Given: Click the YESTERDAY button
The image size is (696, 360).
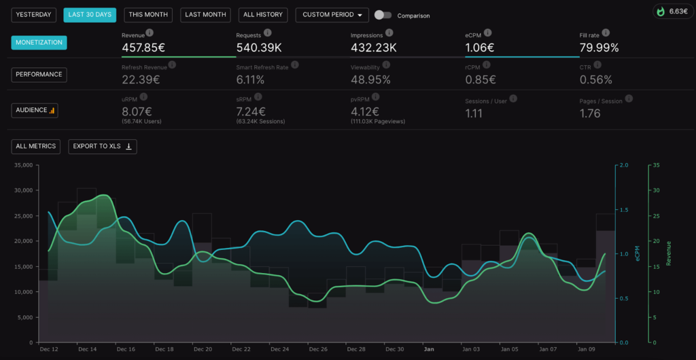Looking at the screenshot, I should (33, 15).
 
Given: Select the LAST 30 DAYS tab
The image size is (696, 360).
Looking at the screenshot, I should (90, 15).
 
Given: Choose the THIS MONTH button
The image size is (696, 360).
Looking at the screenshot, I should (148, 15).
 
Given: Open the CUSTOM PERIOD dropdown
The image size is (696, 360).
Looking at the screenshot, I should (332, 15).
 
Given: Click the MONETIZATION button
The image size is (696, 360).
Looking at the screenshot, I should (39, 43).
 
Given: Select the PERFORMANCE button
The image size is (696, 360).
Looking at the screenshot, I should (39, 75).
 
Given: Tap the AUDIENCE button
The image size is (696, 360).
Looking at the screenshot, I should (35, 110).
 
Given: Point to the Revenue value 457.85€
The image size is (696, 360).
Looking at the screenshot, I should (143, 48).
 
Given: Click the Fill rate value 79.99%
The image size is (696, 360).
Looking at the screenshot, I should (599, 48).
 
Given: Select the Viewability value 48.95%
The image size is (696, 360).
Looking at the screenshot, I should (370, 80).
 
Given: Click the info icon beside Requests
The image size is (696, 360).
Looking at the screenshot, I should (268, 33).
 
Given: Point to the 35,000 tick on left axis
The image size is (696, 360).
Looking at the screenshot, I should (23, 165).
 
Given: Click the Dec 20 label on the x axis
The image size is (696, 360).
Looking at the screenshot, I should (203, 349).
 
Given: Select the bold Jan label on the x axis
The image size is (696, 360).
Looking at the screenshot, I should (429, 349).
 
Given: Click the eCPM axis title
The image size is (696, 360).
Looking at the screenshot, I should (638, 253).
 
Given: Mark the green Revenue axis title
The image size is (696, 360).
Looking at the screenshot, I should (668, 253).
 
